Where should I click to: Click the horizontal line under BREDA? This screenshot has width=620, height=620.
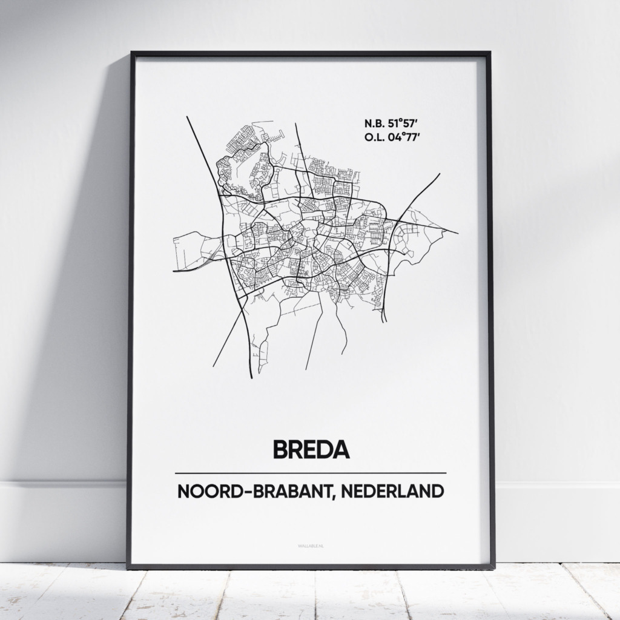310,472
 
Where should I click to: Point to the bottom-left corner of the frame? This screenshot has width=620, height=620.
128,567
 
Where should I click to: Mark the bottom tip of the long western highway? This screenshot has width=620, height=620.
251,378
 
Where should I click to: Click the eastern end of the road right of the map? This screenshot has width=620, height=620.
458,232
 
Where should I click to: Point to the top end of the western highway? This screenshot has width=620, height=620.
187,117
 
